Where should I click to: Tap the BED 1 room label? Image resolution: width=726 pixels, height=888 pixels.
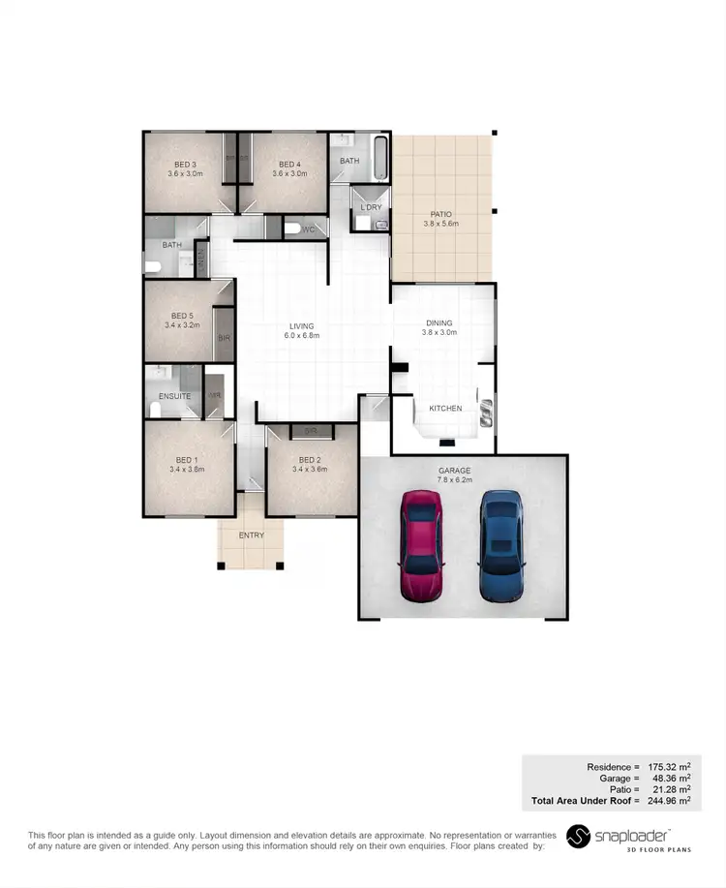coord(185,460)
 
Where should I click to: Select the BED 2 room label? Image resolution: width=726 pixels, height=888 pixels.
coord(309,460)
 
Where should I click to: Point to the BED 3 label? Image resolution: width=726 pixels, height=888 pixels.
coord(185,165)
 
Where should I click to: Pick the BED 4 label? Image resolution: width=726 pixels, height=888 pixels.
coord(290,165)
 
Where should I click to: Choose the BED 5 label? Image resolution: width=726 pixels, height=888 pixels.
coord(182,316)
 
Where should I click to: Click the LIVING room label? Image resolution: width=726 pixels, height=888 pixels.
coord(302,325)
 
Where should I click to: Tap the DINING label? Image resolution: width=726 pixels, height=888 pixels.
coord(439,323)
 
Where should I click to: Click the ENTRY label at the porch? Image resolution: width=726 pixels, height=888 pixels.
coord(251,536)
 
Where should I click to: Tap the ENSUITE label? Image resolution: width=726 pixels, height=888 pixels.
coord(175,396)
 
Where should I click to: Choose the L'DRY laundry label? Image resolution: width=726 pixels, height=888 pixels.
coord(369,208)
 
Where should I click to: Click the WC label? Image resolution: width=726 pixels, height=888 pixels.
coord(308,230)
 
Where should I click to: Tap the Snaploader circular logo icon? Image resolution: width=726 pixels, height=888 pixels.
coord(578,836)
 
